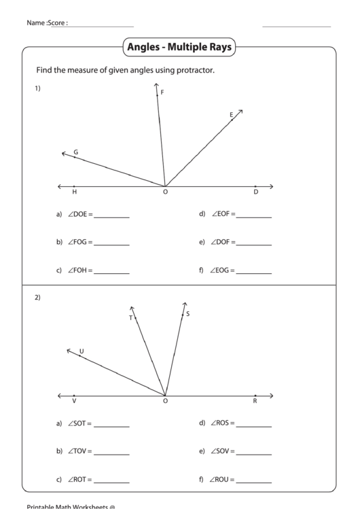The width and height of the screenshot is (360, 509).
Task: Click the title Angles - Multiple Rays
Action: click(179, 48)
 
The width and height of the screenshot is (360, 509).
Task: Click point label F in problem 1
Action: click(162, 92)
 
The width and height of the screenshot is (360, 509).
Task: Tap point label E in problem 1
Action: click(231, 115)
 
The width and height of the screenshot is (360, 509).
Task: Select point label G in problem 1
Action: click(75, 152)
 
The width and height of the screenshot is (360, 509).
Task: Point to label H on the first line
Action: click(74, 192)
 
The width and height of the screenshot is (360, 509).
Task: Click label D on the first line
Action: click(255, 192)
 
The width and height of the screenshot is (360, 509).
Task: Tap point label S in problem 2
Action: click(187, 313)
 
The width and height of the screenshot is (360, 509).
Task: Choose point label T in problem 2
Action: click(130, 317)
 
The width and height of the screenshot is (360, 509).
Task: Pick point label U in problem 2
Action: click(82, 351)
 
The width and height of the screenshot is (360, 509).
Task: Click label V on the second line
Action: click(74, 402)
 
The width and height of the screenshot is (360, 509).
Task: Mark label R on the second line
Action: click(255, 402)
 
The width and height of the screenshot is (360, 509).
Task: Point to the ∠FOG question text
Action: click(79, 242)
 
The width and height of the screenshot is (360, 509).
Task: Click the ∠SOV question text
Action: click(222, 451)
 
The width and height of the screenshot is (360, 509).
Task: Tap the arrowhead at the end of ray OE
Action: click(241, 111)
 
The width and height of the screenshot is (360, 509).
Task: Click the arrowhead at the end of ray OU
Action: click(68, 350)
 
